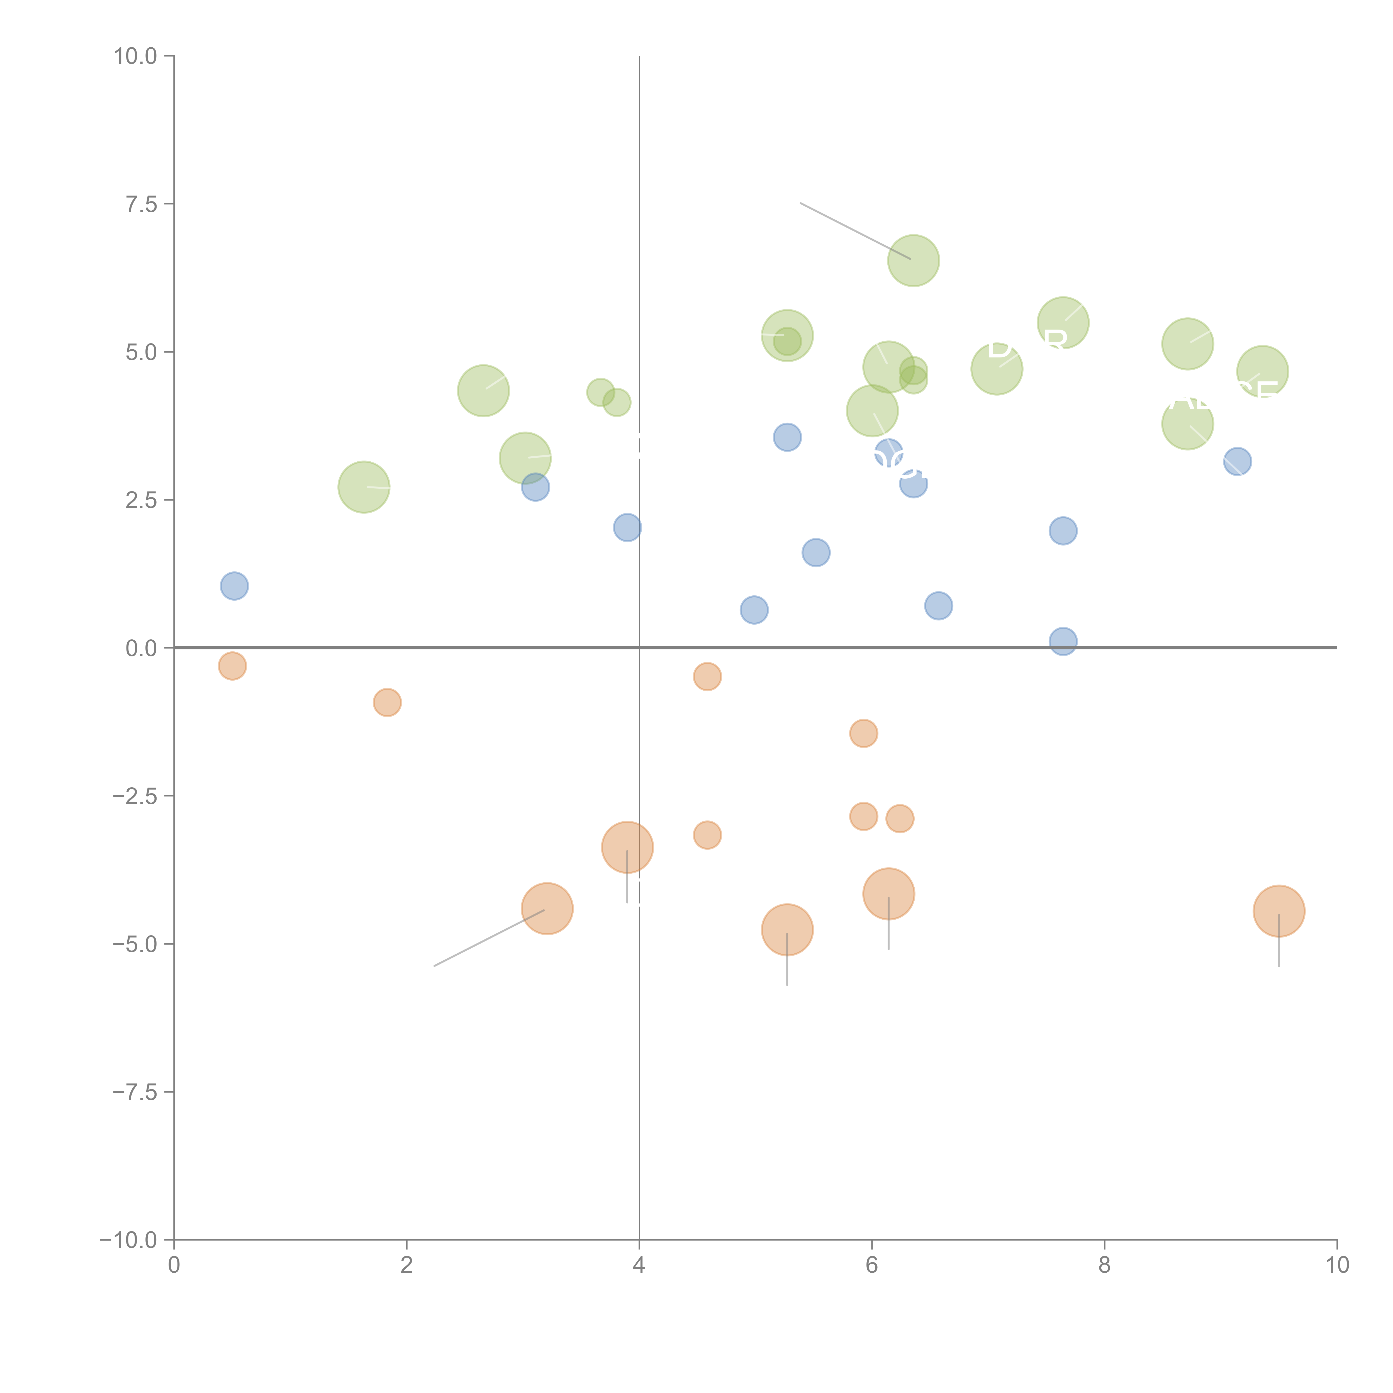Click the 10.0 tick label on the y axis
pyautogui.click(x=136, y=56)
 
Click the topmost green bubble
pyautogui.click(x=914, y=260)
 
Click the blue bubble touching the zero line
pyautogui.click(x=1063, y=641)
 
